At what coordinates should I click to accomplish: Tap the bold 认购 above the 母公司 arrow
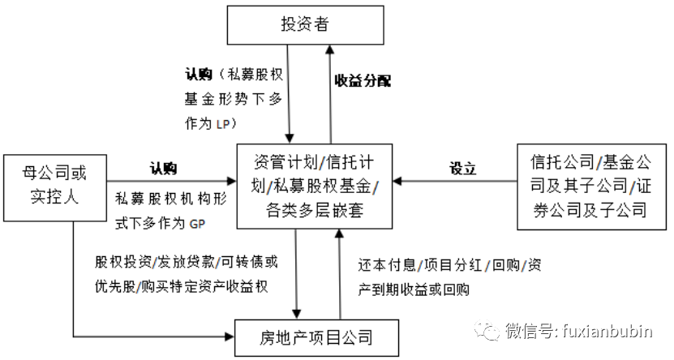pyautogui.click(x=162, y=169)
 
